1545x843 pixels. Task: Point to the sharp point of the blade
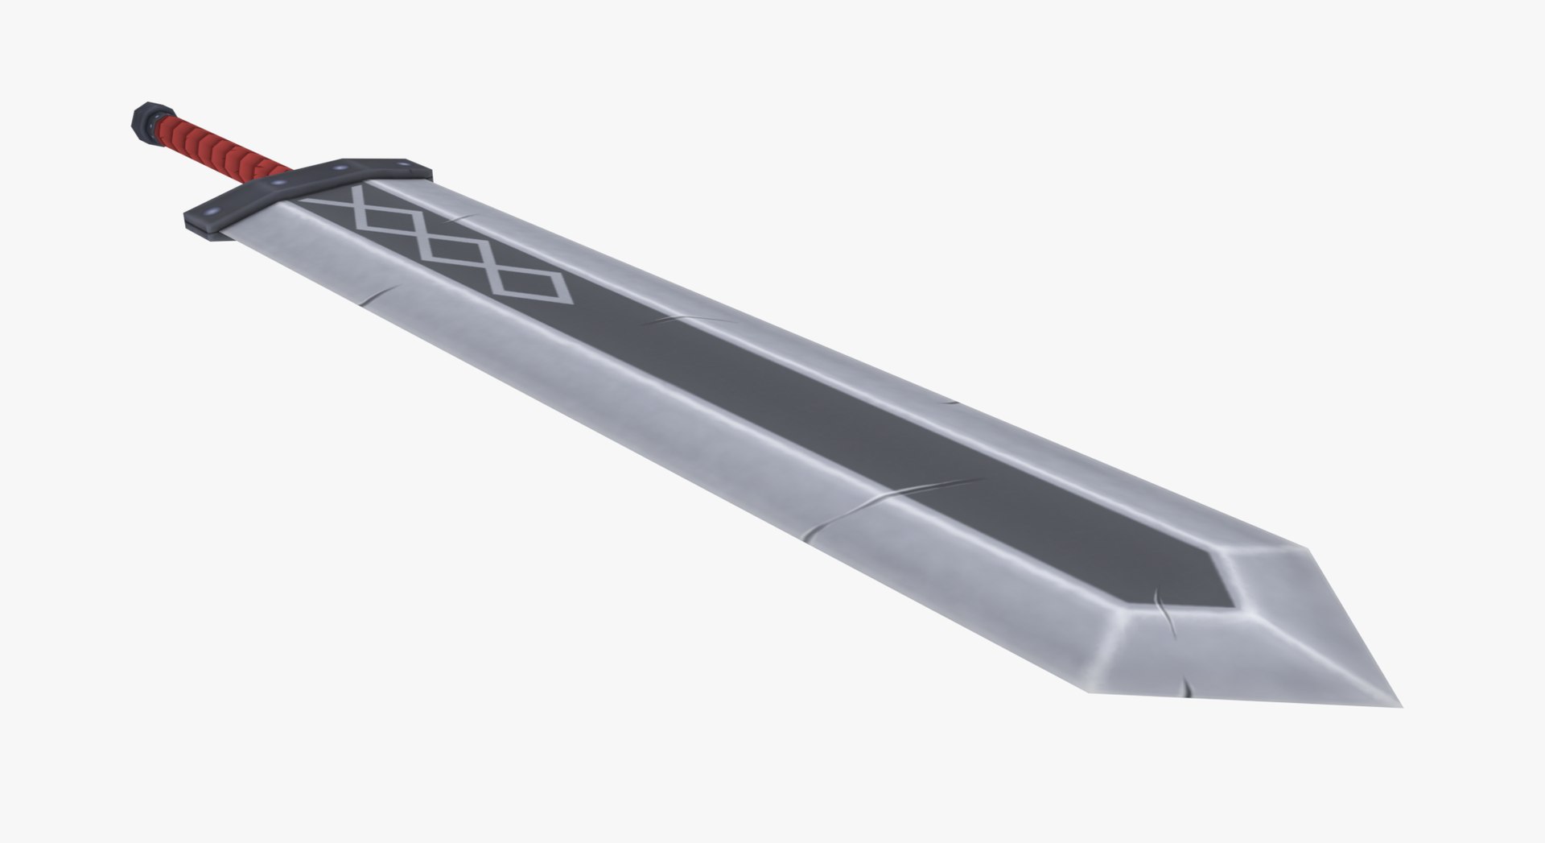[x=1401, y=706]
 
